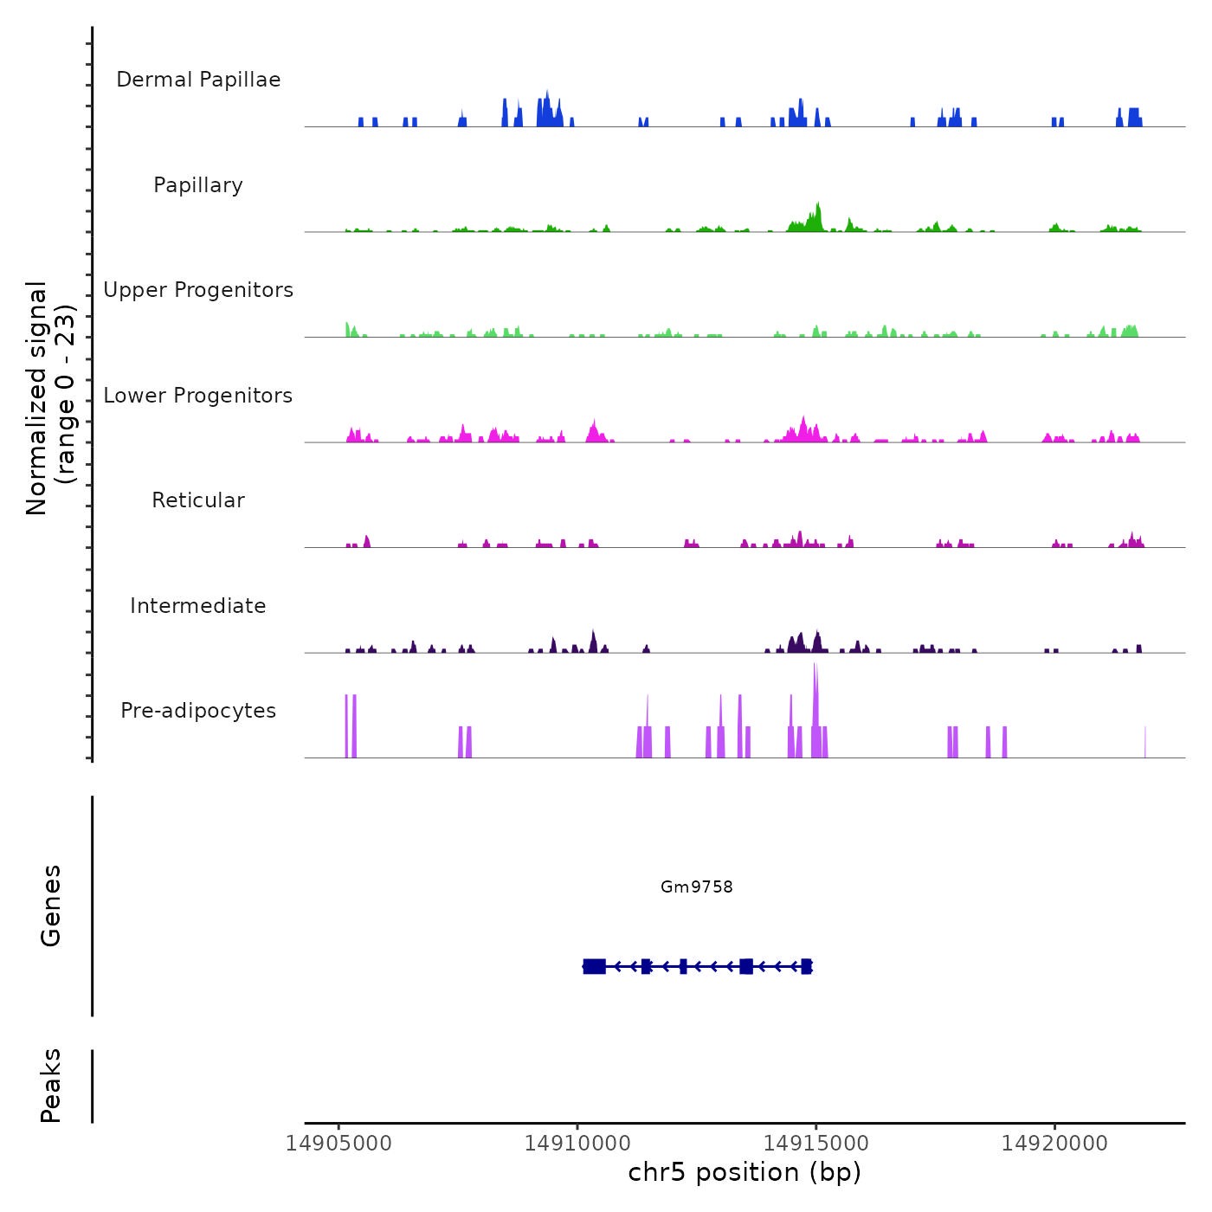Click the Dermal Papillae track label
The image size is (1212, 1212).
click(198, 80)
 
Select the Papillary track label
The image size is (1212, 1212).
click(198, 185)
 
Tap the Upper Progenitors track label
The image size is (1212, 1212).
click(198, 290)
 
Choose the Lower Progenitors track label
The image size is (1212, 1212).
click(198, 396)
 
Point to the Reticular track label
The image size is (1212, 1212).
click(198, 500)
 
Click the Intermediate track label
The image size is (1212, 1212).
click(198, 606)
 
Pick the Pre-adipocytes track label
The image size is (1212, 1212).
click(198, 711)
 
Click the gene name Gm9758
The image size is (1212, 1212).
click(697, 886)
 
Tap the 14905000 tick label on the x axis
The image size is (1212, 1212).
click(338, 1144)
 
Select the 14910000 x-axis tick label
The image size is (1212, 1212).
click(577, 1144)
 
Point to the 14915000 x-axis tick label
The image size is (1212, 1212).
click(816, 1144)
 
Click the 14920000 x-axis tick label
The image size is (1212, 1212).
click(1054, 1144)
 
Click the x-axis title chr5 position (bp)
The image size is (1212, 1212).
click(745, 1172)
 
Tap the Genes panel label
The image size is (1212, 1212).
click(51, 906)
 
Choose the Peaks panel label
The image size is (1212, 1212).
click(51, 1086)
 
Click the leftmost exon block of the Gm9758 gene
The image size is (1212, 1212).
click(595, 966)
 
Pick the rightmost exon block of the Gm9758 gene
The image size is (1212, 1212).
click(806, 966)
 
